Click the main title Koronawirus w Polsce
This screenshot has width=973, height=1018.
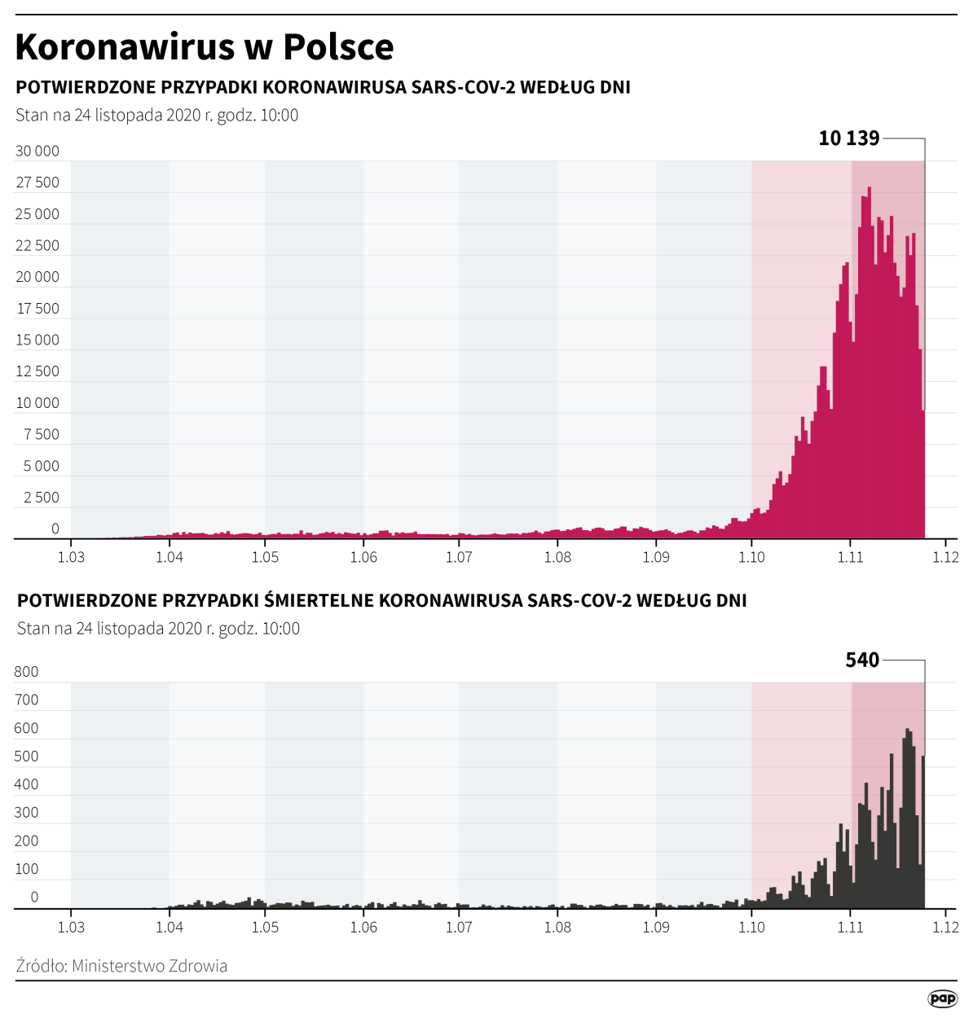204,46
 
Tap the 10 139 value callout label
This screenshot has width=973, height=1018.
848,138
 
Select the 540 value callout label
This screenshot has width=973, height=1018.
862,660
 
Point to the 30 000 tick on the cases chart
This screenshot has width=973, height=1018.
37,151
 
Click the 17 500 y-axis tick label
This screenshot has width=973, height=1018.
37,309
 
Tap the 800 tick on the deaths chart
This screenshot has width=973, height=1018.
26,672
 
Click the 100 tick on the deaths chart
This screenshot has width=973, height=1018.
26,869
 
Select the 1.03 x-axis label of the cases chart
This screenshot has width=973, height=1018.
71,557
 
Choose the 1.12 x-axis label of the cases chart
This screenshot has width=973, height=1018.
945,557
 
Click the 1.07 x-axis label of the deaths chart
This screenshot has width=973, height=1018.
459,927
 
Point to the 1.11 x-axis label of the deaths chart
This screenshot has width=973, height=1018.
850,927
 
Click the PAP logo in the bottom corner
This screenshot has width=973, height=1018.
942,998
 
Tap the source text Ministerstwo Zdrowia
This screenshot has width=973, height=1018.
149,966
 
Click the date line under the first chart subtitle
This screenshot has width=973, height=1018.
156,115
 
